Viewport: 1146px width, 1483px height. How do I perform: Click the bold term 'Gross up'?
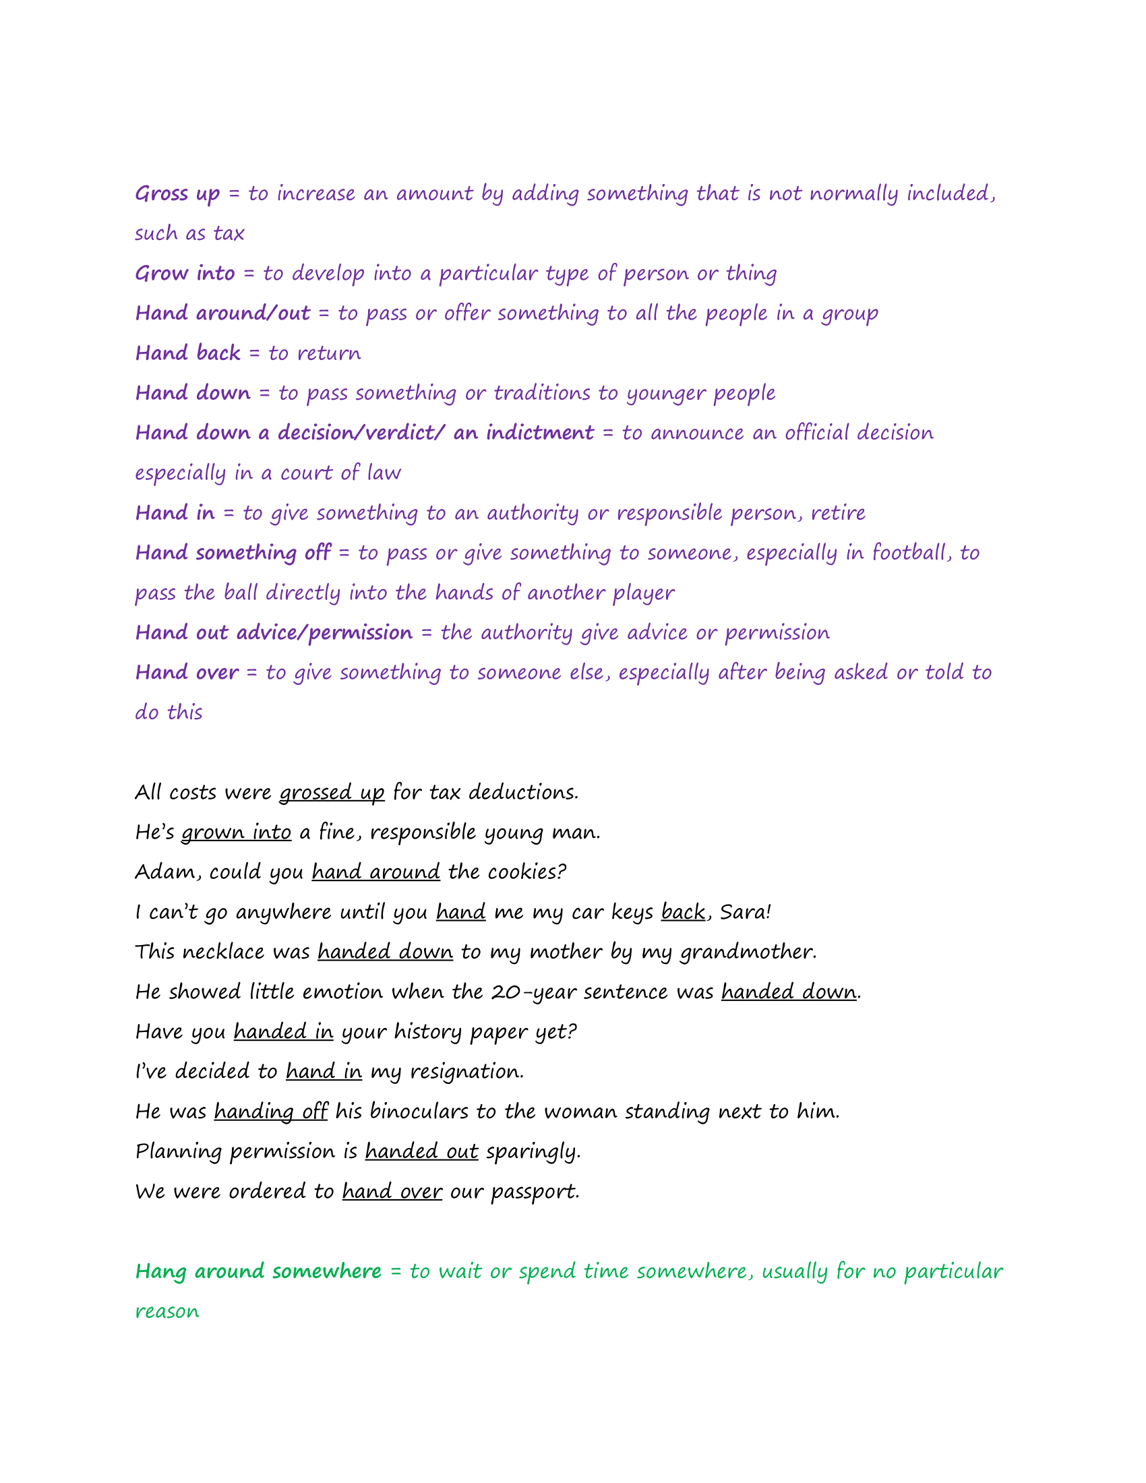tap(177, 194)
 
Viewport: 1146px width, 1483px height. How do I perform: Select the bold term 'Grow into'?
tap(185, 274)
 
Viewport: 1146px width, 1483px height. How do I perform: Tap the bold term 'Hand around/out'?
tap(222, 313)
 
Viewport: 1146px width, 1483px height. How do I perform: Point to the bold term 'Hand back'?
tap(188, 353)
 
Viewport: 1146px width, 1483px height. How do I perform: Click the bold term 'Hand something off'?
tap(233, 553)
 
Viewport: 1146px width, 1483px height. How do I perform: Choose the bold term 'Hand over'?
tap(187, 672)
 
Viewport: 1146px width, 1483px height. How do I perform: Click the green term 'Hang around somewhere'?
tap(258, 1271)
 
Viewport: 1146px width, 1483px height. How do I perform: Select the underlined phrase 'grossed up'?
tap(332, 793)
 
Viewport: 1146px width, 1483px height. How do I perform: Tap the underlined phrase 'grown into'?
tap(236, 833)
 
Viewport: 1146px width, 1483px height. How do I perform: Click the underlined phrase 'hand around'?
tap(376, 872)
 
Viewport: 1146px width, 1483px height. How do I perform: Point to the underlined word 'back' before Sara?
tap(683, 912)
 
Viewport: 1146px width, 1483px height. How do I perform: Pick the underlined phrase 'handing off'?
tap(271, 1112)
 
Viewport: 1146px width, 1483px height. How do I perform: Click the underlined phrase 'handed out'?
tap(421, 1151)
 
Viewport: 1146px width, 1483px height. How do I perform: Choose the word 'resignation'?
tap(466, 1072)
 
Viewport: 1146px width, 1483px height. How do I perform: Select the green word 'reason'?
tap(167, 1312)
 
